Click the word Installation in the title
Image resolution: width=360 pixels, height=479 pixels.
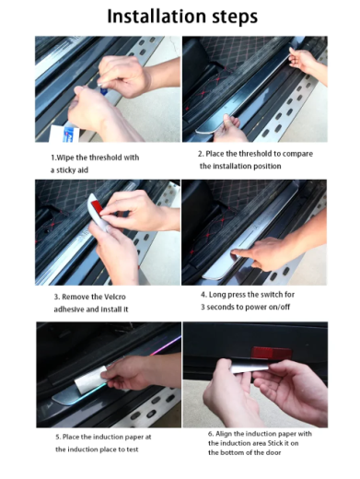point(157,16)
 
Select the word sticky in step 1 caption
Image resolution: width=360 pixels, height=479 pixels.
point(68,170)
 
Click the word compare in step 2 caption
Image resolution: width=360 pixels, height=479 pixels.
point(297,154)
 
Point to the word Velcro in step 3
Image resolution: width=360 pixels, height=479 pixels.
point(115,297)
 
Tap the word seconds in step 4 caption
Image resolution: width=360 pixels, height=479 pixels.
point(220,307)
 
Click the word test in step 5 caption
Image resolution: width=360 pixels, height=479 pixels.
point(133,450)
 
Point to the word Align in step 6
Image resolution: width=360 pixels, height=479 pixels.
point(224,434)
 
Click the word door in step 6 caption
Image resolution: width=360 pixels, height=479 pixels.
point(273,452)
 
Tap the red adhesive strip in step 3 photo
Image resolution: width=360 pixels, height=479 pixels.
point(94,206)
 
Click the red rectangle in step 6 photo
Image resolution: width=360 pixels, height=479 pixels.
point(272,353)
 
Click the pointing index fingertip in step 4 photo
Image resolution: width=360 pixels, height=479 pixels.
point(234,252)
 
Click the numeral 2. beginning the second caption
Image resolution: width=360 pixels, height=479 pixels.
point(201,154)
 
